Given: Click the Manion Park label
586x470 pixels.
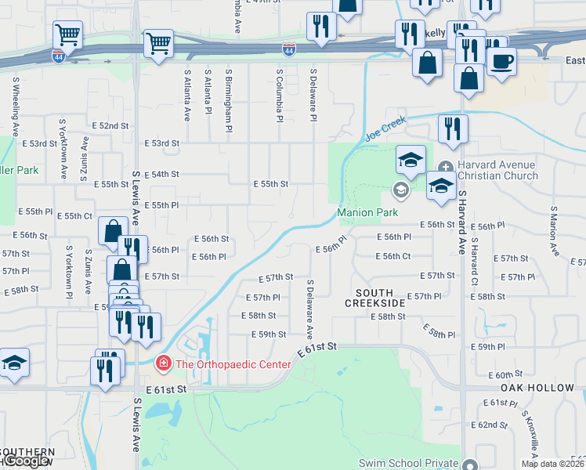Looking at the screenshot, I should click(x=367, y=212).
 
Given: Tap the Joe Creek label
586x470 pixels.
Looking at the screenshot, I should click(x=385, y=129).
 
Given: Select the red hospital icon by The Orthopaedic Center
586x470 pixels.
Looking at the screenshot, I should click(x=163, y=363).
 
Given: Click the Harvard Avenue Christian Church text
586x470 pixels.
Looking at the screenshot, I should click(x=497, y=170).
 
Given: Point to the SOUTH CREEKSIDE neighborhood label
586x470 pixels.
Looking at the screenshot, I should click(x=375, y=297).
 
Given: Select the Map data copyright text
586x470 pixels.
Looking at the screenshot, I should click(x=552, y=464).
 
